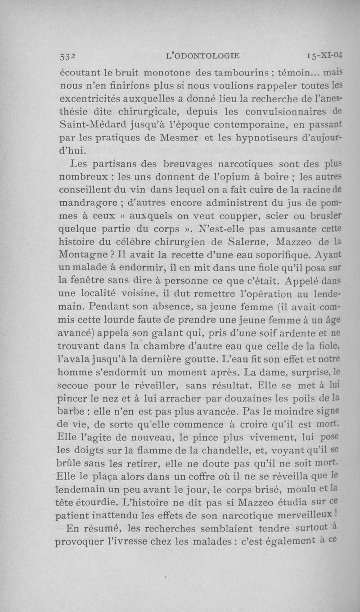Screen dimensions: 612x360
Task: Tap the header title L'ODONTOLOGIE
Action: pyautogui.click(x=203, y=56)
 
